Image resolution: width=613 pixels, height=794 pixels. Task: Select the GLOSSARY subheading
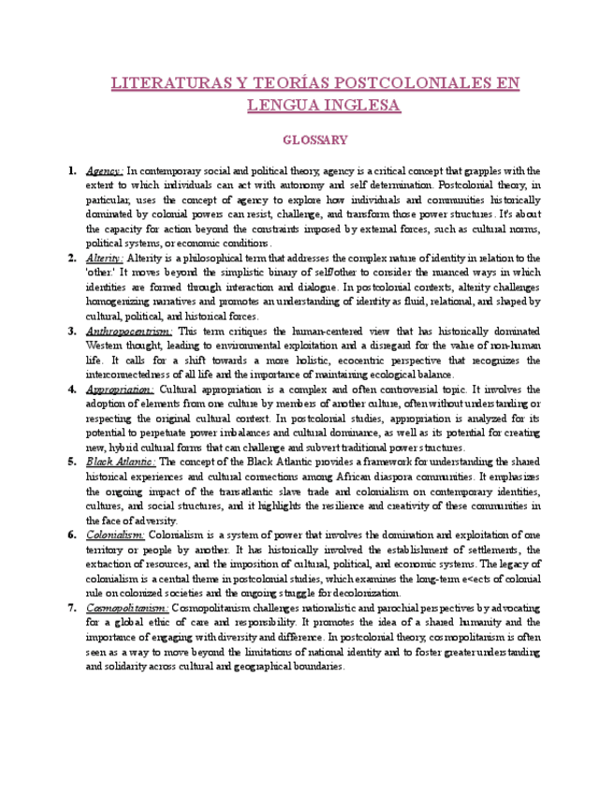coord(315,140)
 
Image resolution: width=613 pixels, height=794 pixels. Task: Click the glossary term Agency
coord(104,171)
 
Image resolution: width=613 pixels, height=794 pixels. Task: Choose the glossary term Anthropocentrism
coord(128,331)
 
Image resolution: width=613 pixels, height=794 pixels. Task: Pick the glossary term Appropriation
coord(120,390)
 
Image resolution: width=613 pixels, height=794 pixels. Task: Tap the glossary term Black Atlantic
coord(122,462)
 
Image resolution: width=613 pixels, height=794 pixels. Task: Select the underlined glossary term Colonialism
coord(115,535)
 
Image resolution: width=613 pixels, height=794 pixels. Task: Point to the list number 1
coord(72,171)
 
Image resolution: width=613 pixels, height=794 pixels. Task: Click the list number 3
coord(72,331)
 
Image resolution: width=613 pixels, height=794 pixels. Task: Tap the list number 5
coord(72,462)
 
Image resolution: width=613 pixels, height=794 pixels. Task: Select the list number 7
coord(72,608)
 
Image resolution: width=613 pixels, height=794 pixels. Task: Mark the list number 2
coord(72,257)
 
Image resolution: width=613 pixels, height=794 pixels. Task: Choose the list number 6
coord(72,535)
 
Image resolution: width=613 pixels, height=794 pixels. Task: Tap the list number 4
coord(72,390)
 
